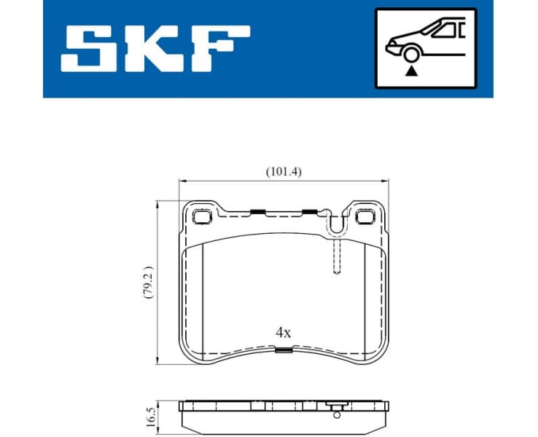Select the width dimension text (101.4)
283,172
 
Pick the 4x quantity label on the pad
283,332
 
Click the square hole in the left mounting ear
202,216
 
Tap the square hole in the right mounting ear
364,216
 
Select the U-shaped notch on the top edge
336,224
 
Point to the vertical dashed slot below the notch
336,259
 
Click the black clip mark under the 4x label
284,350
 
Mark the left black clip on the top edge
256,213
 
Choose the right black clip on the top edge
309,212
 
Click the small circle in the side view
336,415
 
